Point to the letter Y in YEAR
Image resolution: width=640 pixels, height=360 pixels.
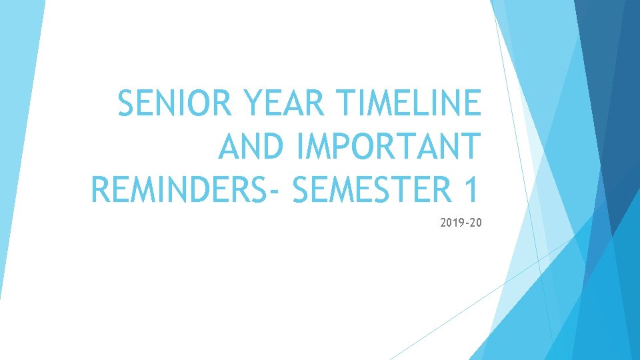256,104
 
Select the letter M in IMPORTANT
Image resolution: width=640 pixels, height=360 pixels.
319,146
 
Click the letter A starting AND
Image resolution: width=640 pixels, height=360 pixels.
229,146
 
